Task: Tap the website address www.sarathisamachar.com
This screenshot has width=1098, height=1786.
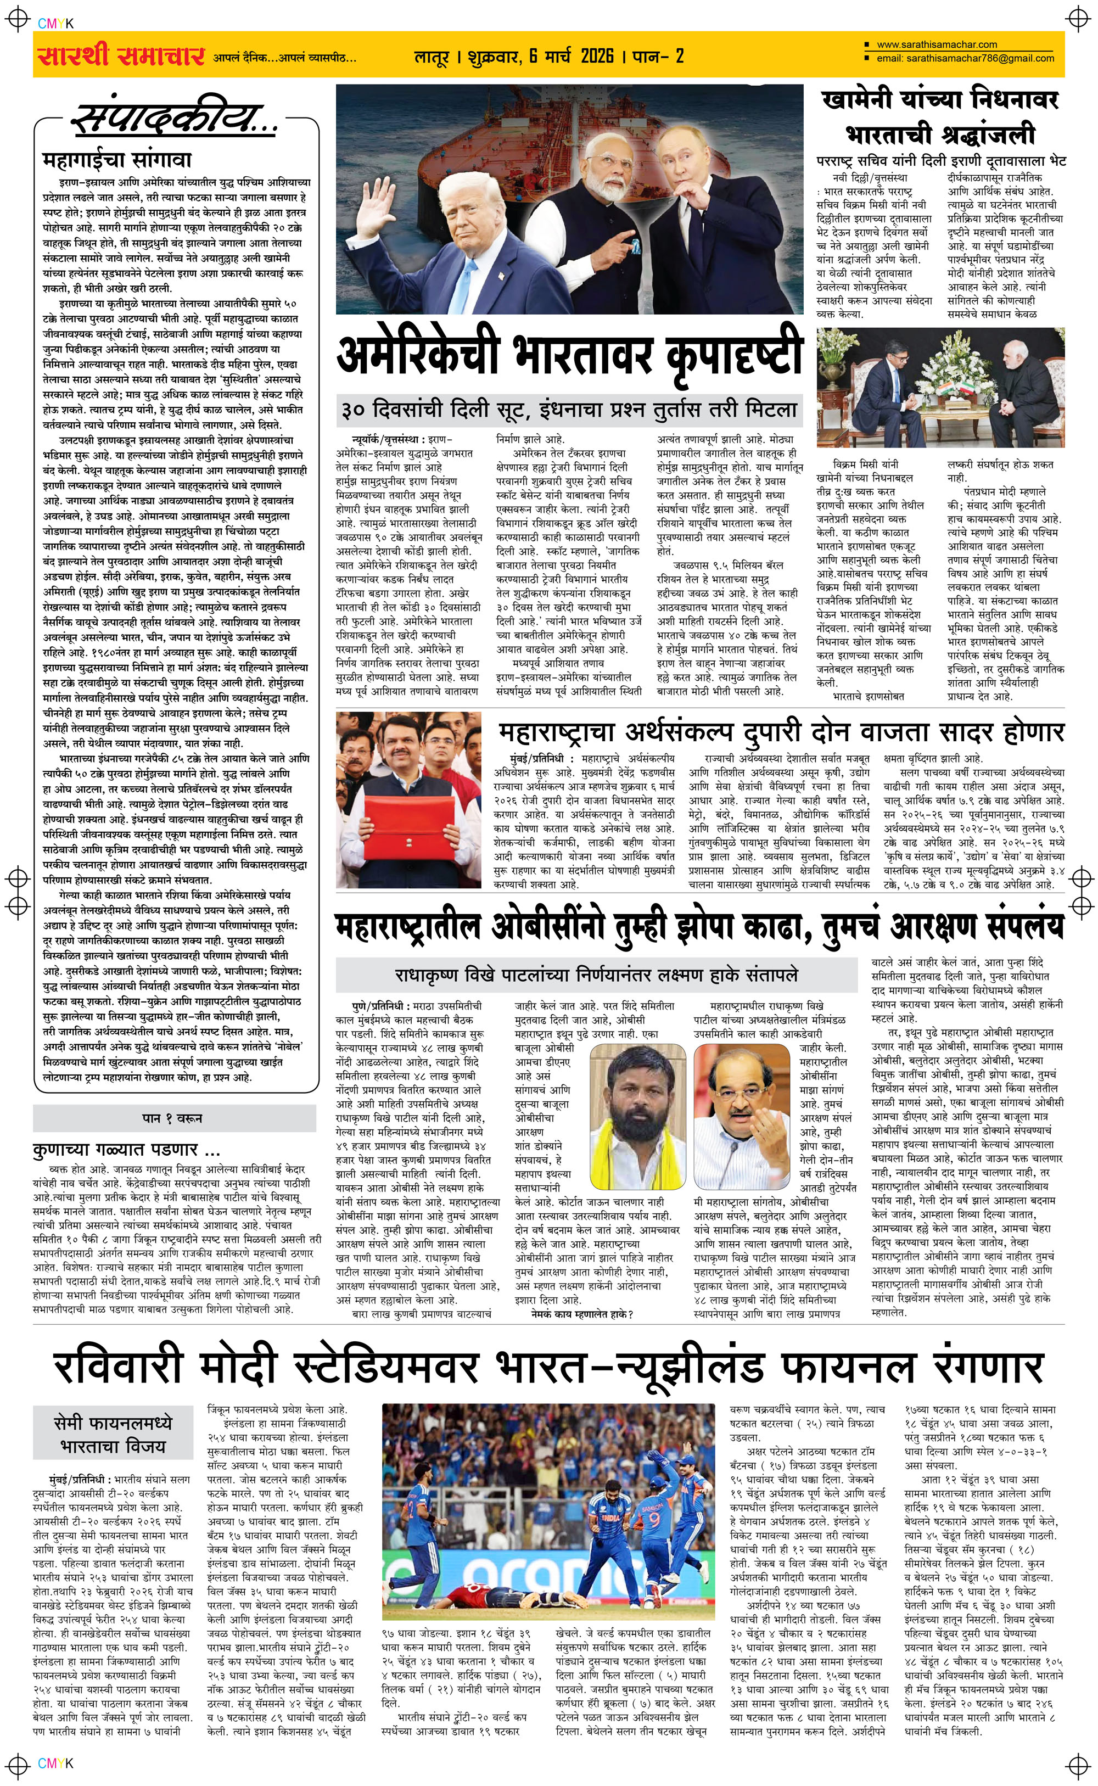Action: pyautogui.click(x=936, y=44)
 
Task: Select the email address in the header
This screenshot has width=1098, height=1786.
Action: pyautogui.click(x=965, y=58)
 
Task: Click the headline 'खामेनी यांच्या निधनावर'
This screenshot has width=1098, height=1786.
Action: pyautogui.click(x=940, y=99)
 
